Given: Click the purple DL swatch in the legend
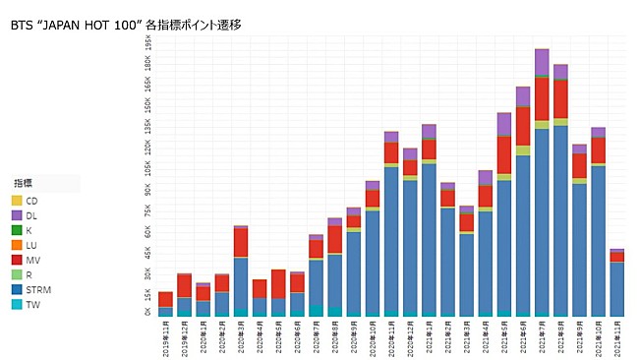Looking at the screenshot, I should tap(17, 215).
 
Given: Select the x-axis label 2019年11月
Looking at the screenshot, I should tap(165, 337).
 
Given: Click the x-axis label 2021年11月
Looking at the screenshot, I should tap(617, 337).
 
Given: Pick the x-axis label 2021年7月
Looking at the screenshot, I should tap(542, 337).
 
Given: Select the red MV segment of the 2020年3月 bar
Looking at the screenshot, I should tap(241, 242).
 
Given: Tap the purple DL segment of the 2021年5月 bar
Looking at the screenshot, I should tap(504, 124).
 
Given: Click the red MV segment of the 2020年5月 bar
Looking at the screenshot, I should tap(278, 283).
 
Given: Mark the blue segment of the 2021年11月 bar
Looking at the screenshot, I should tap(617, 287).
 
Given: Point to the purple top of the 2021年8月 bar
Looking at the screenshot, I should tap(560, 72).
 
